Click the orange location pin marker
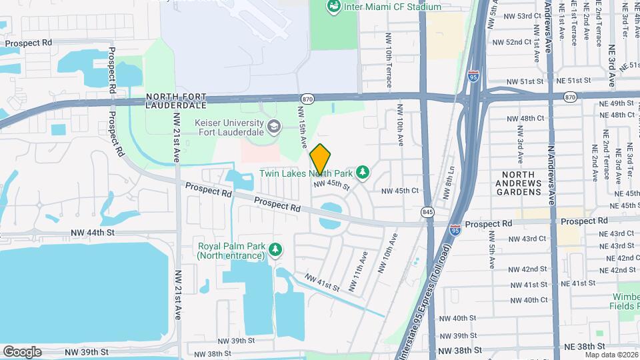point(320,159)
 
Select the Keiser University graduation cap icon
point(273,126)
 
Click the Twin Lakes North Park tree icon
point(363,173)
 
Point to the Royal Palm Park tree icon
point(275,249)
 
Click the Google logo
point(22,351)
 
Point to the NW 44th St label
point(93,233)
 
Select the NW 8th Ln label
point(449,183)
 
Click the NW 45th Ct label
point(399,191)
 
